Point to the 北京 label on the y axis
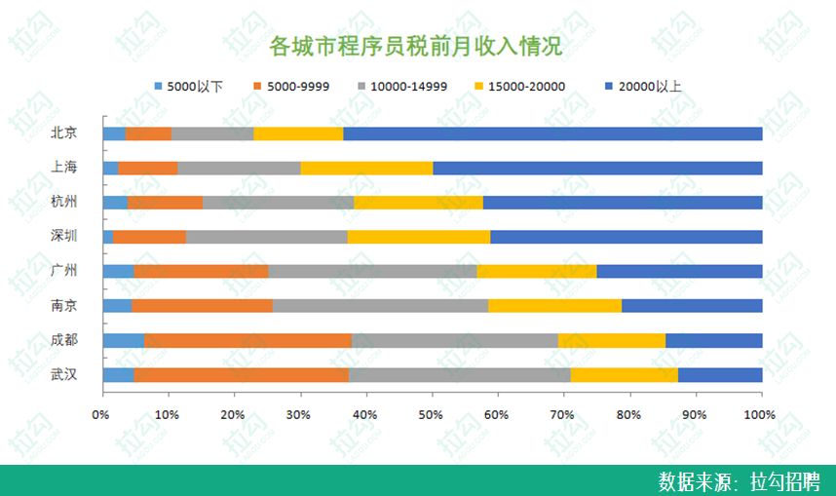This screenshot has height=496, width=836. pos(64,134)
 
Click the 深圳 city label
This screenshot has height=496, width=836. pos(64,237)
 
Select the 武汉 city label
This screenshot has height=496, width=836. pos(64,375)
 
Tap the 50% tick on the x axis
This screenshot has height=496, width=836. pos(430,415)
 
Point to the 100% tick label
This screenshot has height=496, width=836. pos(760,415)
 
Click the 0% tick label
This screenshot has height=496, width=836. pos(101,415)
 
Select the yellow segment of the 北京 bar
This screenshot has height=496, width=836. pos(298,134)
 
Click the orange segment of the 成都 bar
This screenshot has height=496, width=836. pos(247,340)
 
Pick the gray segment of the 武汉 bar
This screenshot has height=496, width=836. pos(459,375)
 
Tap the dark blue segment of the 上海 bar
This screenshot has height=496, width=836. pos(597,168)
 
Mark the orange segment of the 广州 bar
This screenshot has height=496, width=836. pos(201,271)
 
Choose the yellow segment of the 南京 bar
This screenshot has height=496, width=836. pos(554,306)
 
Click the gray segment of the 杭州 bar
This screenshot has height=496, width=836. pos(278,203)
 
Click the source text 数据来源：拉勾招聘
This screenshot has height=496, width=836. pos(739,481)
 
